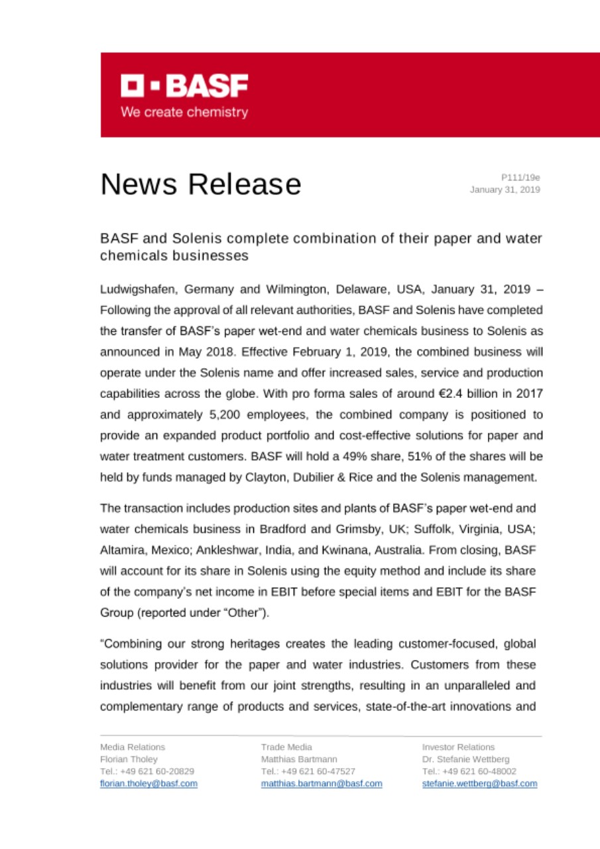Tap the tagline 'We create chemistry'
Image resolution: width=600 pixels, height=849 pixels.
(184, 112)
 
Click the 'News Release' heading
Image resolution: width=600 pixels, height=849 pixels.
(200, 184)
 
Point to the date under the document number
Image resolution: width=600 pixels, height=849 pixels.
(505, 190)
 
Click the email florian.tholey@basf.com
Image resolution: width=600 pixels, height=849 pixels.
(149, 783)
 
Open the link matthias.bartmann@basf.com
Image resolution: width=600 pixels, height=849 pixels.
(322, 783)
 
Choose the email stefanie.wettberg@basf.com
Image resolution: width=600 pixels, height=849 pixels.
(480, 783)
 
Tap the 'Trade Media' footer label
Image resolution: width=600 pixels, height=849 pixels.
(282, 747)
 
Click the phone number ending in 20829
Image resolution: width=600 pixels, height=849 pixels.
(147, 771)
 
